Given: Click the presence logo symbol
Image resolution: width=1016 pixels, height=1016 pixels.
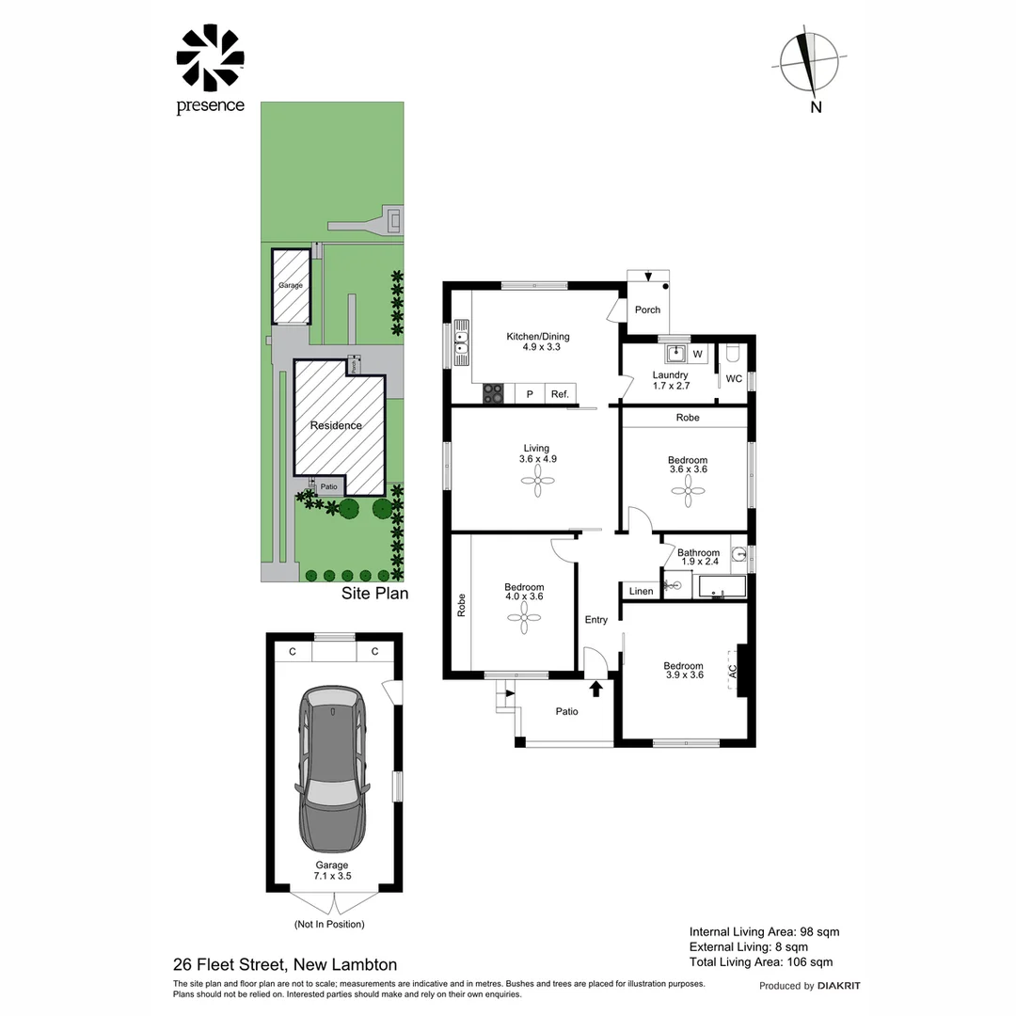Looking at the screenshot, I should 210,58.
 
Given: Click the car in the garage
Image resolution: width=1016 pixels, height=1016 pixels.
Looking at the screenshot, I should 331,769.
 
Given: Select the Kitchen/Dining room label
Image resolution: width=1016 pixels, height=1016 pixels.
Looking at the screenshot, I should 538,341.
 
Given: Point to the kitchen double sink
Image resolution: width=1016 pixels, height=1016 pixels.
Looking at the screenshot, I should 461,343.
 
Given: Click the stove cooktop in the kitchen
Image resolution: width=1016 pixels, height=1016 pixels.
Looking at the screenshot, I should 494,394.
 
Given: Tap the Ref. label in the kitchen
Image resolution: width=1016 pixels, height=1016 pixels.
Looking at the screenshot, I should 561,394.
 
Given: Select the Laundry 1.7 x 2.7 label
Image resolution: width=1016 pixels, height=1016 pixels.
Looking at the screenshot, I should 671,380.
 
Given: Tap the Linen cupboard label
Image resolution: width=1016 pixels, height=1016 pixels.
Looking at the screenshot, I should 641,592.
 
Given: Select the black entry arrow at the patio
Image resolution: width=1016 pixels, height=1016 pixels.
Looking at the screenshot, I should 595,689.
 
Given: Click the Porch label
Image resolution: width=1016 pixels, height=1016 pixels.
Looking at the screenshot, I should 648,310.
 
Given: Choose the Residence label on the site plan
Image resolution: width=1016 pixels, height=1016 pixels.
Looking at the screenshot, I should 336,425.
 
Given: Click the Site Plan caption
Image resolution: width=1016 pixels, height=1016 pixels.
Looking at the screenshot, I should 374,595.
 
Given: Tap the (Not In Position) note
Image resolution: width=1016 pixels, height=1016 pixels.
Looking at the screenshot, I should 329,924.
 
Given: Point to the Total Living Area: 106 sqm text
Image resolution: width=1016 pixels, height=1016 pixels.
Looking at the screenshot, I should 761,961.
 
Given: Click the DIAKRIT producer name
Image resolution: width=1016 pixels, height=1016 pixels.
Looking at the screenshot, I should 839,986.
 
